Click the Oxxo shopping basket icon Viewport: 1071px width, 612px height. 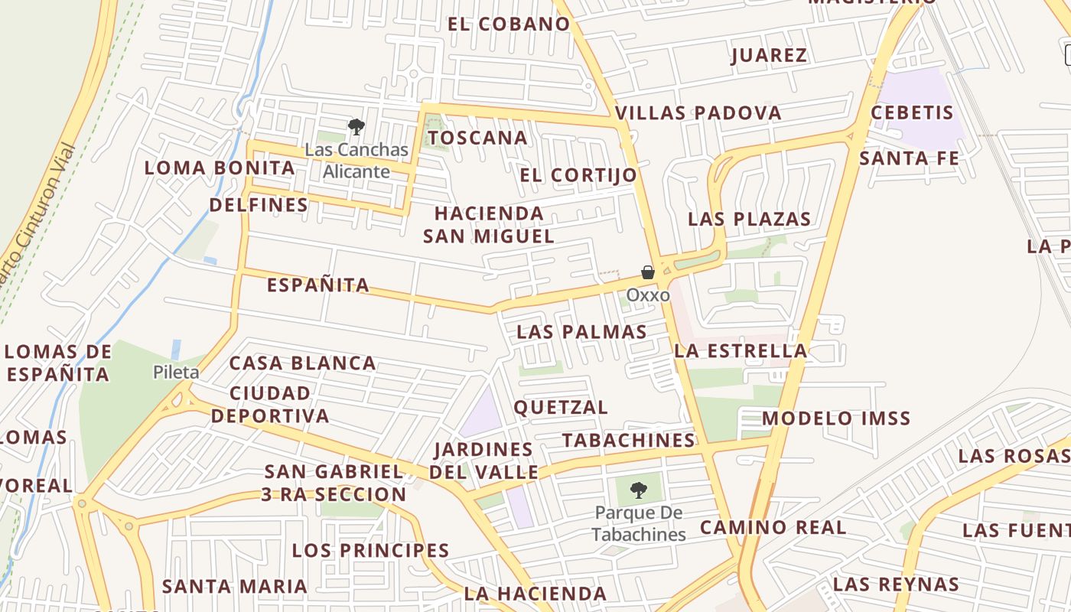[x=647, y=272]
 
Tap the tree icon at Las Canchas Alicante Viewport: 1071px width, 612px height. [x=356, y=126]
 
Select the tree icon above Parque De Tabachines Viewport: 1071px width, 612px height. [x=639, y=490]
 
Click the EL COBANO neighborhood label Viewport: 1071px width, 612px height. [x=509, y=24]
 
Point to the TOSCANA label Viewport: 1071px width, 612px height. [x=477, y=138]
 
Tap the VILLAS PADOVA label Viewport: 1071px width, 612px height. [x=698, y=113]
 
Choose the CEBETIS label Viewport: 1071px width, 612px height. [x=913, y=112]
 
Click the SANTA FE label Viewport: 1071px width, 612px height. [x=909, y=158]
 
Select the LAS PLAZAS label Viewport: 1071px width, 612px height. [x=749, y=219]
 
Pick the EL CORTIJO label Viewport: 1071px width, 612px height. [x=578, y=175]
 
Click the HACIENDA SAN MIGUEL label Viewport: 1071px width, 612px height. [x=489, y=224]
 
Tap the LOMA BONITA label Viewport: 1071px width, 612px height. [x=220, y=168]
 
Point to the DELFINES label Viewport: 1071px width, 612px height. [x=259, y=204]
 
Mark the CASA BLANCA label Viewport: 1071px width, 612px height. [x=303, y=363]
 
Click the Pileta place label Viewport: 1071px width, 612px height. [x=176, y=373]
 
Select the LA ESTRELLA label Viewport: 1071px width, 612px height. [x=741, y=351]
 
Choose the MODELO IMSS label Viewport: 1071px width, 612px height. [x=836, y=418]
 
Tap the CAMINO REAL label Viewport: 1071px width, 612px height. [x=773, y=527]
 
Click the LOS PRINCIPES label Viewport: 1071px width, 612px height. [x=370, y=550]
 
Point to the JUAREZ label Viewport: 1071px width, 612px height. [x=769, y=55]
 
